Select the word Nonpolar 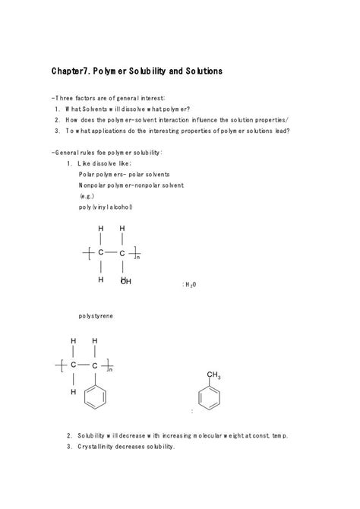(93, 185)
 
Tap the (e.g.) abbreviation (87, 195)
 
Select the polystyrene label (96, 315)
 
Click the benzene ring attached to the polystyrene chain (95, 397)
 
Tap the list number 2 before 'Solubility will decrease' (69, 436)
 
